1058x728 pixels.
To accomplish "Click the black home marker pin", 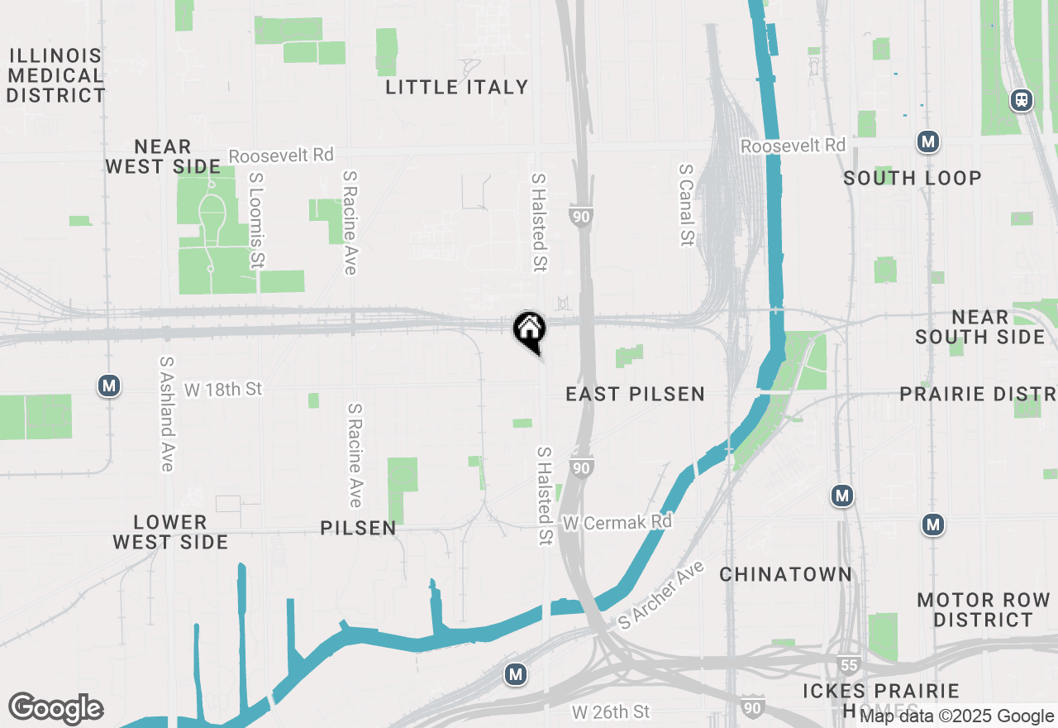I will [529, 329].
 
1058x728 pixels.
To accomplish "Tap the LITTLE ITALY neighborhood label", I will [456, 87].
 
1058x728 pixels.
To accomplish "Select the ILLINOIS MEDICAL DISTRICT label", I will [55, 76].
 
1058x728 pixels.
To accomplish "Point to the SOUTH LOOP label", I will [913, 178].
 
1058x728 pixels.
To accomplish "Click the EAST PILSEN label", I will [635, 394].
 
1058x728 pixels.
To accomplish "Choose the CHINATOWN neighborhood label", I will [785, 574].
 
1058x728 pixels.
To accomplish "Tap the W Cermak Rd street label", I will [617, 523].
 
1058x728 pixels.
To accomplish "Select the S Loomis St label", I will [257, 220].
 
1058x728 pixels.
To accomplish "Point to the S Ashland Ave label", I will [167, 414].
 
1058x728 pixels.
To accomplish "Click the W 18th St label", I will [222, 389].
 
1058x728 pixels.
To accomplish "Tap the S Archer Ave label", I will [661, 595].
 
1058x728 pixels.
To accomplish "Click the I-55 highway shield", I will [852, 664].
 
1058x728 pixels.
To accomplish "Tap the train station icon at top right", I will [1022, 100].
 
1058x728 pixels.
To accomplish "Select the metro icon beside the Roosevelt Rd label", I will [928, 141].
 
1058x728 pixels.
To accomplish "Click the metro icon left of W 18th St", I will [108, 386].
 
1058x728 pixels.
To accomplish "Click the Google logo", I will [55, 709].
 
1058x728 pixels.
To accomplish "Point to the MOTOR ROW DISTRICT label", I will [983, 610].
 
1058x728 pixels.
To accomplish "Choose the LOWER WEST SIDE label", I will [170, 532].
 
